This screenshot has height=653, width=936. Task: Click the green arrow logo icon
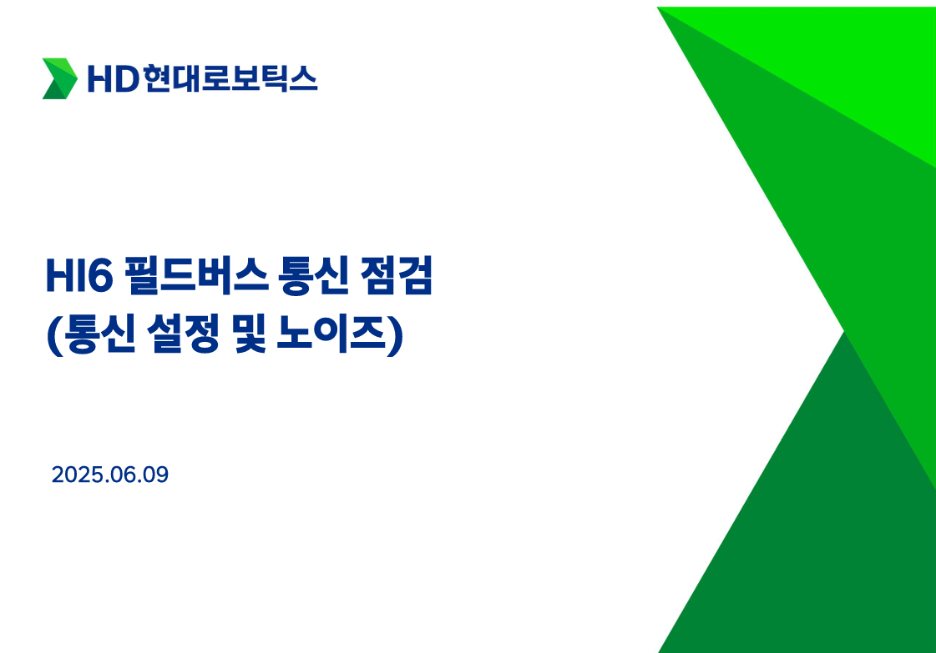click(59, 78)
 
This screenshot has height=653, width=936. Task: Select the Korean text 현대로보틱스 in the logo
click(230, 78)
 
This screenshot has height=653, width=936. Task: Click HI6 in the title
click(79, 275)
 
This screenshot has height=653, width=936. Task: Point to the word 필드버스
click(196, 275)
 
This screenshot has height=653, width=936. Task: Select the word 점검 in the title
click(397, 275)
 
